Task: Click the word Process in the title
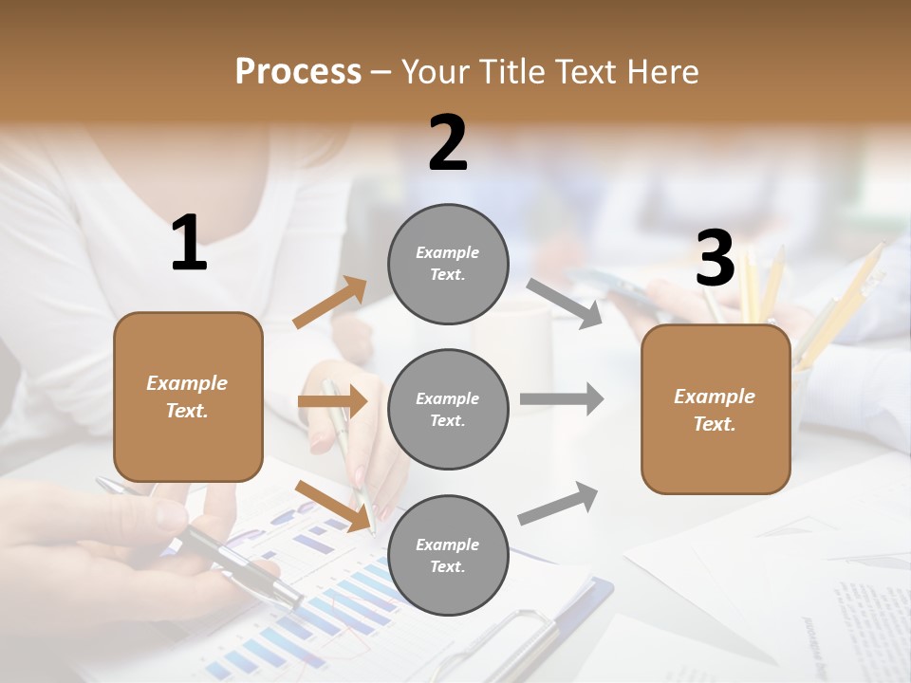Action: coord(298,71)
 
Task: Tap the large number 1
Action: coord(189,244)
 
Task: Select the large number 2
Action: coord(448,143)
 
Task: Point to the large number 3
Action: coord(715,259)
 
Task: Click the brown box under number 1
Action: coord(188,397)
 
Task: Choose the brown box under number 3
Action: coord(716,410)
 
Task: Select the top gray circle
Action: coord(448,264)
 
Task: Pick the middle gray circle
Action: coord(448,410)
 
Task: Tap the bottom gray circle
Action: coord(448,555)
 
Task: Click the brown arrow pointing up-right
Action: coord(330,303)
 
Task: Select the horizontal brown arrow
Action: coord(332,401)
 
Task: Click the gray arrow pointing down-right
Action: coord(565,303)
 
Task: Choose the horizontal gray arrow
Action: coord(562,398)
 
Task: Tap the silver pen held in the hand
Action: coord(237,560)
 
